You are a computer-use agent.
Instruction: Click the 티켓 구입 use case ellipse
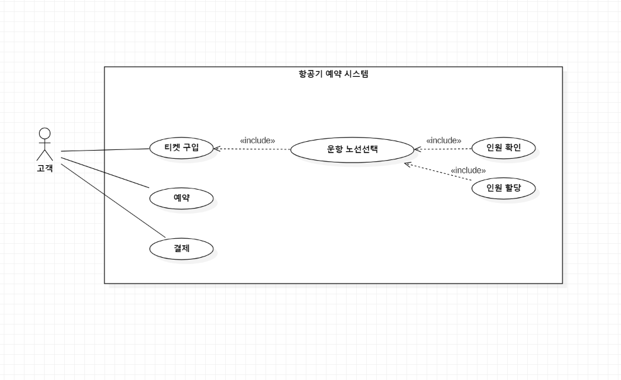coord(181,148)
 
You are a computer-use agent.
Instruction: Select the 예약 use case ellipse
coord(181,199)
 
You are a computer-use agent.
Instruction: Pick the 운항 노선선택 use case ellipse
coord(352,149)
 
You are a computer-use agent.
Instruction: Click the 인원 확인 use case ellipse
coord(503,148)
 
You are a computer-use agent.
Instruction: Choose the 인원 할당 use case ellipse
coord(503,188)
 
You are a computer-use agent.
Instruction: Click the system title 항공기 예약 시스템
coord(333,74)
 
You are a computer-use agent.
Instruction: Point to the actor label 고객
coord(45,168)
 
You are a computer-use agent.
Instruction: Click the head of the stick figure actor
coord(45,133)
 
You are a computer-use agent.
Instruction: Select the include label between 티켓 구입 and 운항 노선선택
coord(257,141)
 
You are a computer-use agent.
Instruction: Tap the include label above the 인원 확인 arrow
coord(444,141)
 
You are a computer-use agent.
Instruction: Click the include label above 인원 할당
coord(468,170)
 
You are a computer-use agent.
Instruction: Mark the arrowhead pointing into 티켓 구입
coord(216,149)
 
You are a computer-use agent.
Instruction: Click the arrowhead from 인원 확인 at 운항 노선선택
coord(417,149)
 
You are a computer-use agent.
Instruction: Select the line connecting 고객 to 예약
coord(105,173)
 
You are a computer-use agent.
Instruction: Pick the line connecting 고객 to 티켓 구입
coord(105,151)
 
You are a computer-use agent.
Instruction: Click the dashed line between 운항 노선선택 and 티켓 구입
coord(252,149)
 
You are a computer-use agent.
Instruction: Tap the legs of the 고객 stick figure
coord(45,155)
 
